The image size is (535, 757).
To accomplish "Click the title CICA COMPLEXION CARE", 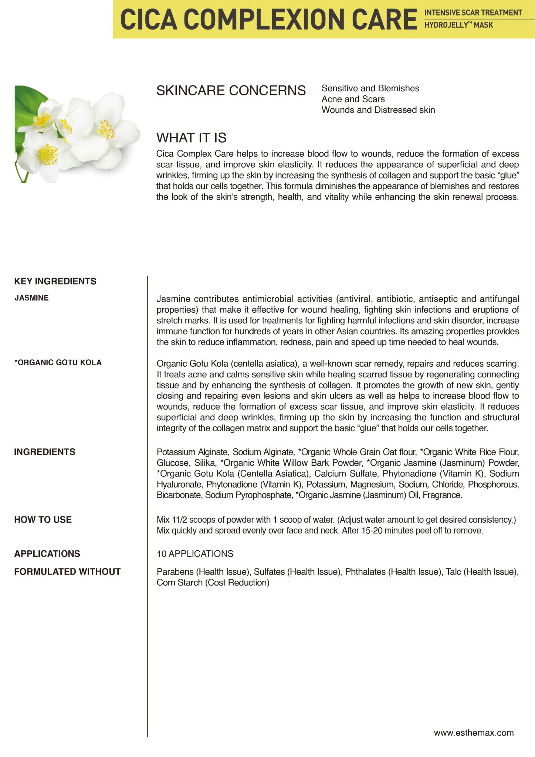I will [x=268, y=20].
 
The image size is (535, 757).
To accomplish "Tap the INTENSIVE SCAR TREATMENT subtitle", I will [x=473, y=13].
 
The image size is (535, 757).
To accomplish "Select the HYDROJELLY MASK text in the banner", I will [x=458, y=25].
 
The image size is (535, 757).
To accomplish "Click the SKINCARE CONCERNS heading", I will [x=231, y=91].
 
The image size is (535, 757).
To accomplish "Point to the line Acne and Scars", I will [x=353, y=99].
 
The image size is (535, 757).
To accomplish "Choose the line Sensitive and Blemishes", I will [x=370, y=88].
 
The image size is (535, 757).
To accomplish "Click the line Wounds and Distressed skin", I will [x=378, y=110].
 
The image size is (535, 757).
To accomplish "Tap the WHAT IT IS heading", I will [x=191, y=138].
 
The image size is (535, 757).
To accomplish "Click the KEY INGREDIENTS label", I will [x=55, y=281].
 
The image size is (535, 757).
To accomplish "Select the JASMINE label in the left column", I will [x=31, y=298].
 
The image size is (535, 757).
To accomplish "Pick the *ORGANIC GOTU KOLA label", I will [x=58, y=363].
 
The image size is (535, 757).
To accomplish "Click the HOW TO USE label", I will [x=43, y=520].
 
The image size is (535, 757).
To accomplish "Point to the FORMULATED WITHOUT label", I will [x=67, y=572].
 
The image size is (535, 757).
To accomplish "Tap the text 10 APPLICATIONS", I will [x=195, y=554].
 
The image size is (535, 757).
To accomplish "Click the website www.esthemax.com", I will [x=474, y=733].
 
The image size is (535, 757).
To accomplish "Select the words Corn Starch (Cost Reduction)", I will [x=213, y=583].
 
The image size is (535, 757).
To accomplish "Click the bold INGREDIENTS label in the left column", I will [x=45, y=452].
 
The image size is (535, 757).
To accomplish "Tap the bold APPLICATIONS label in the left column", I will [x=47, y=554].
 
